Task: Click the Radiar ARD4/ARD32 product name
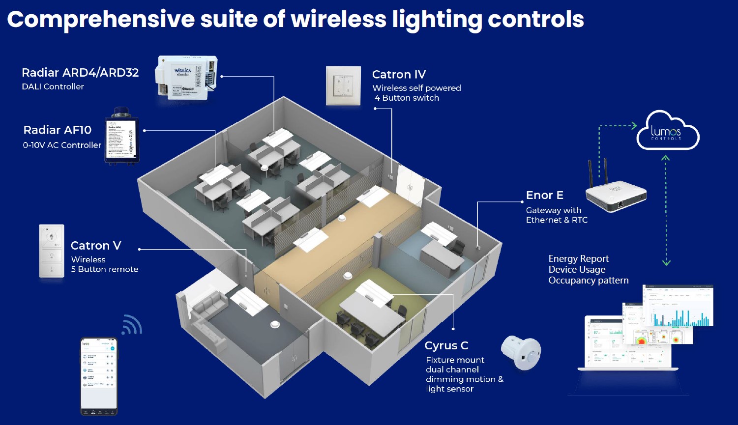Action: coord(80,73)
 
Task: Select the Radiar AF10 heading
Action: coord(58,130)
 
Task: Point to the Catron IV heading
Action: coord(399,75)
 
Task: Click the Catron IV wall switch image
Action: coord(343,85)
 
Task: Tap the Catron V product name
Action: coord(96,246)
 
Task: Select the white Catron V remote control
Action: coord(52,251)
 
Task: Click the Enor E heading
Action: coord(544,196)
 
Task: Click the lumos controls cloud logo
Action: coord(667,132)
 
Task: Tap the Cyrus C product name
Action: coord(446,346)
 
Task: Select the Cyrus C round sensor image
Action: coord(521,352)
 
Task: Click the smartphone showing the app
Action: coord(99,376)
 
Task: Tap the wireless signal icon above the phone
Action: coord(132,325)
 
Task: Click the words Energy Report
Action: coord(578,259)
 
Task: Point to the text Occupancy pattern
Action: coord(588,281)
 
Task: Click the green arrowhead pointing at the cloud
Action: coord(634,126)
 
